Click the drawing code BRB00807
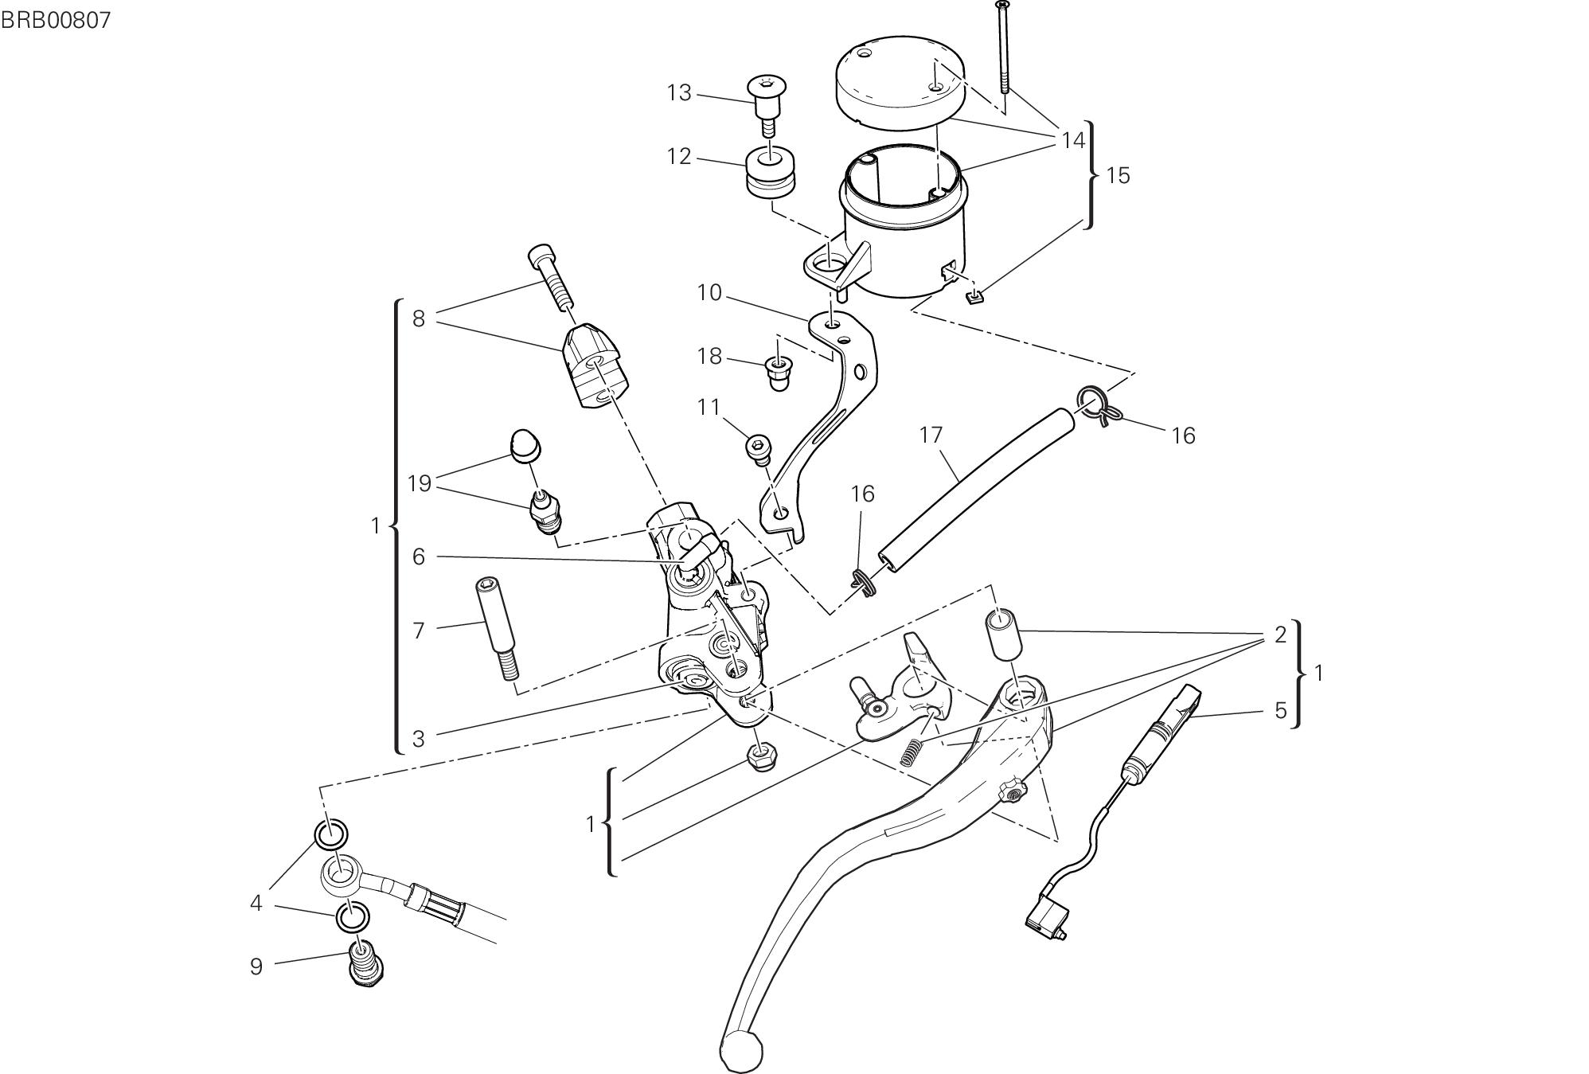tap(55, 20)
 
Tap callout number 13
tap(679, 93)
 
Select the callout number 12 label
tap(679, 156)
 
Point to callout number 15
tap(1118, 175)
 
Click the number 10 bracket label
tap(709, 293)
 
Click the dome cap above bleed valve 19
tap(525, 444)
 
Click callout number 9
tap(256, 967)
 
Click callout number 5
tap(1280, 710)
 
